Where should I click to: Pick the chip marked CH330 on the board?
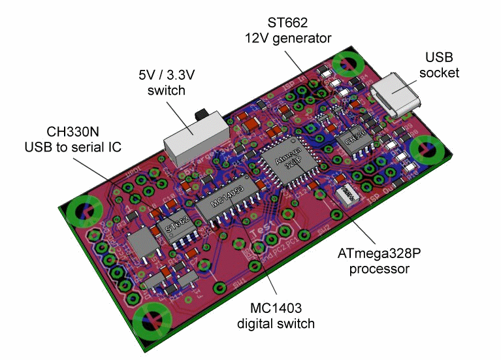tap(355, 140)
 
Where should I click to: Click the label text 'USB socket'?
tap(438, 65)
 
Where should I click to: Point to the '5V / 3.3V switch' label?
tap(166, 82)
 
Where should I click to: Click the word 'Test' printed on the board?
tap(263, 234)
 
